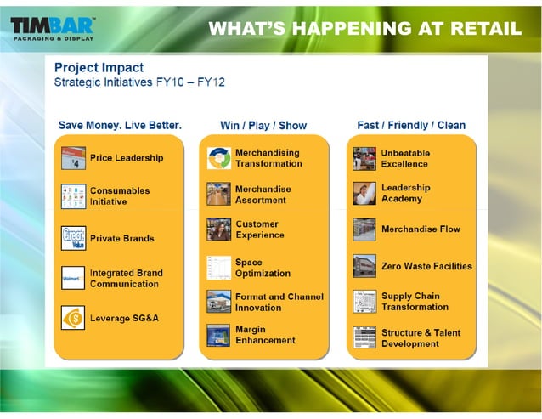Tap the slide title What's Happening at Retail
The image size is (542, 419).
[x=364, y=28]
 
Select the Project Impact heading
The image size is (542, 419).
[x=99, y=67]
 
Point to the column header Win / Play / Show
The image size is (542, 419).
[x=263, y=125]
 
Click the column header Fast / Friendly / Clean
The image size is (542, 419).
[x=411, y=125]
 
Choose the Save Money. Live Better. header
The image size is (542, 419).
[x=120, y=125]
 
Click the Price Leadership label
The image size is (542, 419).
[x=127, y=158]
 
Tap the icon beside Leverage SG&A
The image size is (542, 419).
[x=73, y=318]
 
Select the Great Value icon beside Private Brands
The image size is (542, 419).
[x=73, y=238]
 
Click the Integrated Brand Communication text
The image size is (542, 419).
[x=126, y=279]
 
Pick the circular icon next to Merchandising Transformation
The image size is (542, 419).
[x=218, y=158]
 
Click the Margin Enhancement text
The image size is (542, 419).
[x=265, y=335]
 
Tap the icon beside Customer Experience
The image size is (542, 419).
[x=218, y=229]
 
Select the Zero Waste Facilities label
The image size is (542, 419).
[x=426, y=266]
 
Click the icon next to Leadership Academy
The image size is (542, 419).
[x=364, y=193]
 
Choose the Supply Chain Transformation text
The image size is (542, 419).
[x=415, y=302]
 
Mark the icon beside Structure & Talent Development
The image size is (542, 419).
[x=364, y=338]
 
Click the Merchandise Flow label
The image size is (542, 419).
[x=421, y=229]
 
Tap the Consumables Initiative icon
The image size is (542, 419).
[x=73, y=196]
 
